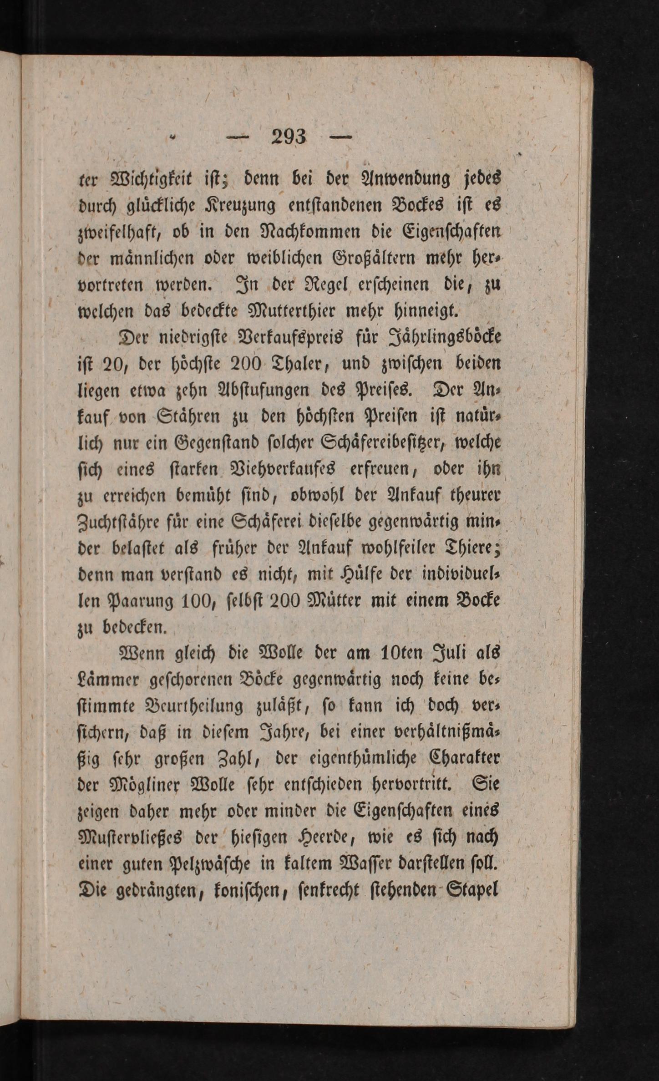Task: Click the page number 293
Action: [289, 137]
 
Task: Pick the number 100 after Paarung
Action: [196, 601]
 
